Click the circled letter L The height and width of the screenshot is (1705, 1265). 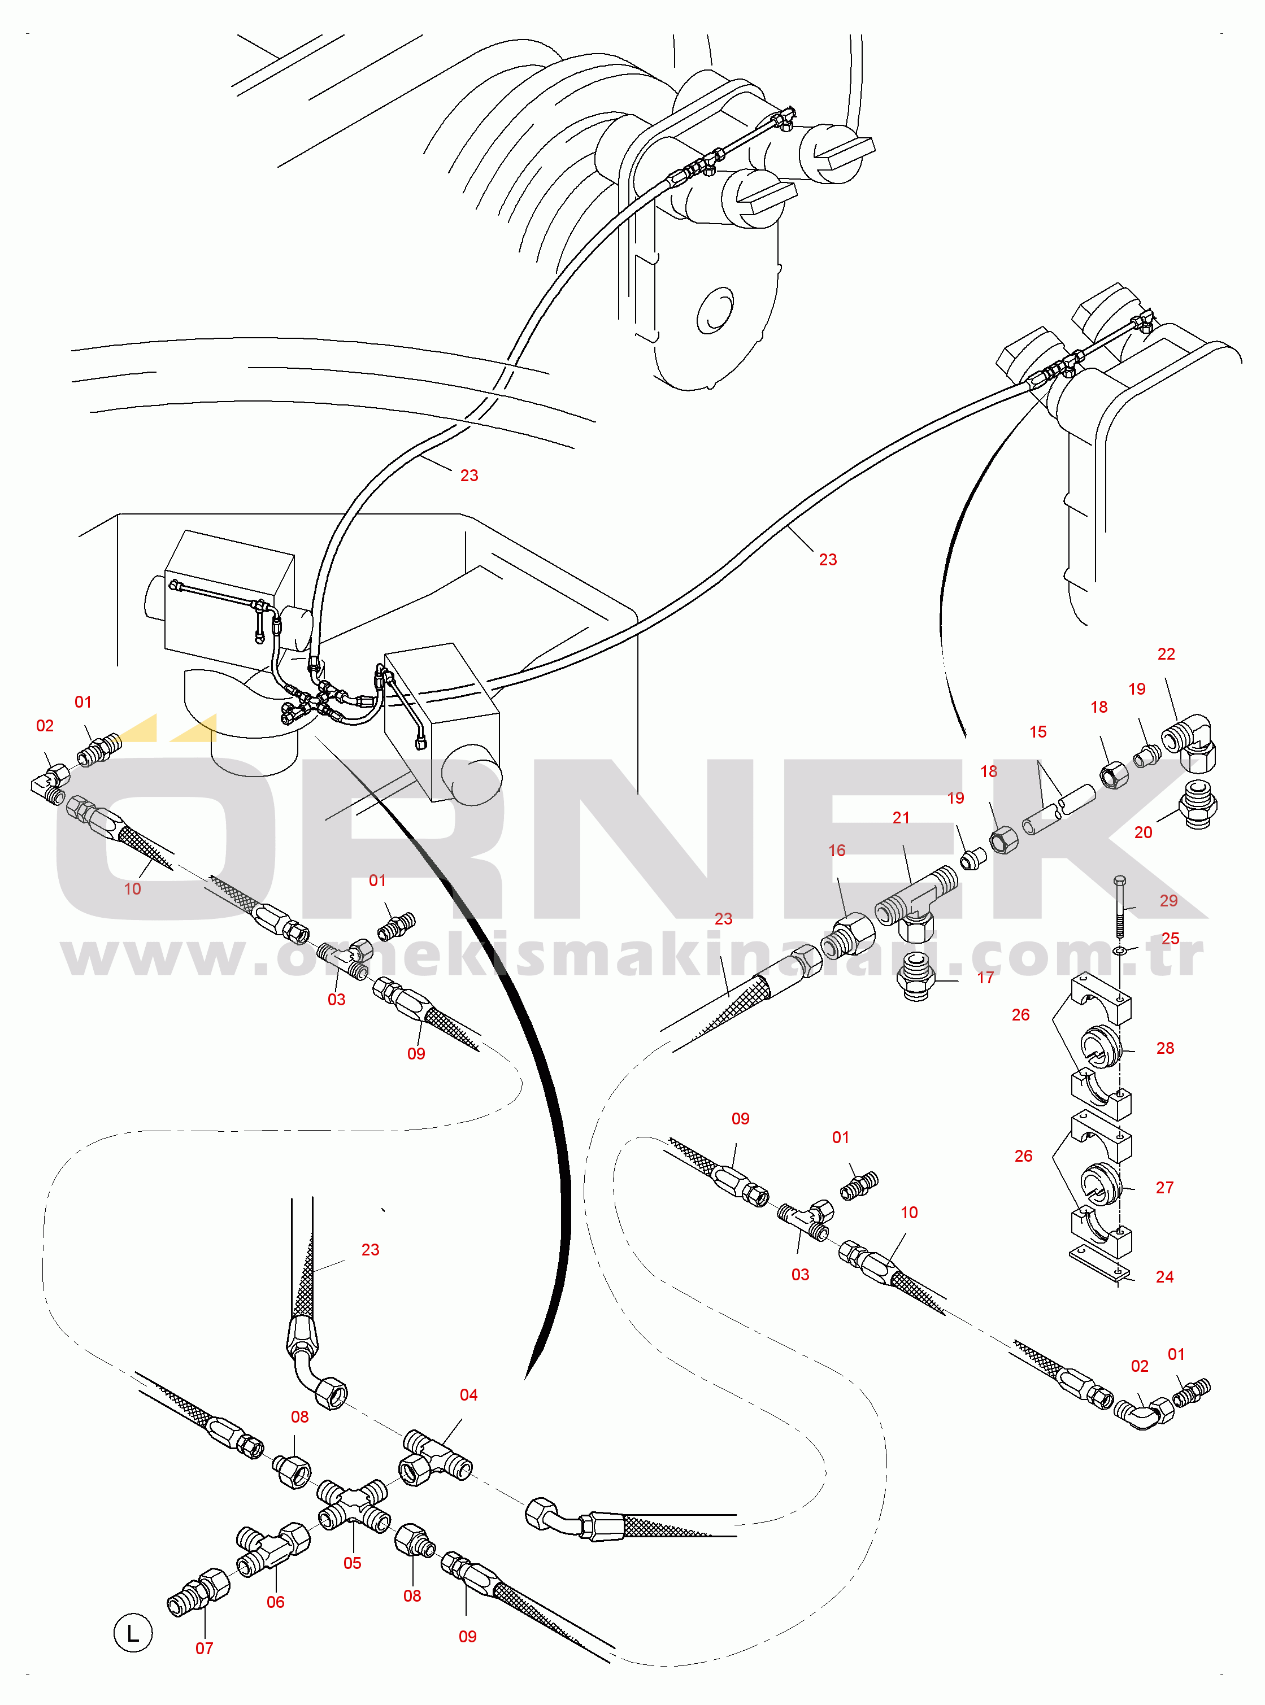[x=133, y=1632]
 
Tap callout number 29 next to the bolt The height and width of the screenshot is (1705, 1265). [x=1168, y=901]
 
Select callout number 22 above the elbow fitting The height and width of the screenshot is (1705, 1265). [x=1166, y=655]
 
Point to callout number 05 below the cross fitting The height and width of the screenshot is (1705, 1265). [x=352, y=1563]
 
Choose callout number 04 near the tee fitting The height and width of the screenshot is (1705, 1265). [x=468, y=1395]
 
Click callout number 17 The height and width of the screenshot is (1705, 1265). [x=985, y=978]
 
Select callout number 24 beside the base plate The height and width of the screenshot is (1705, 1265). [x=1164, y=1276]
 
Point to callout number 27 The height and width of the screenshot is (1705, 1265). [x=1164, y=1188]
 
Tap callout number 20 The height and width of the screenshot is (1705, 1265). [x=1142, y=832]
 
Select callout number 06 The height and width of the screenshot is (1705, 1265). [x=276, y=1602]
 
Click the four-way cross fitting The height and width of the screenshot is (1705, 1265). [x=353, y=1505]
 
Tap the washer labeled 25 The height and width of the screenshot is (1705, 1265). [x=1119, y=950]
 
